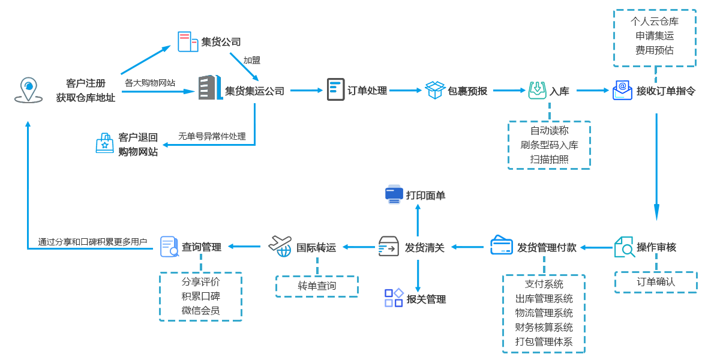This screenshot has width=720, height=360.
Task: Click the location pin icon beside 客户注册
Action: [x=28, y=90]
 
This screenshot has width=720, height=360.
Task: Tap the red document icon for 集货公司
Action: [x=188, y=41]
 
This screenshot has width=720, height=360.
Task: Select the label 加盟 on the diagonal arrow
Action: [x=251, y=60]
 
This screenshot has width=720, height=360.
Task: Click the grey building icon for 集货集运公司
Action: [x=211, y=88]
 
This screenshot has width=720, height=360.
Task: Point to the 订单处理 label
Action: [x=367, y=91]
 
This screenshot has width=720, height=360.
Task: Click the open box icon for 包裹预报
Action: [x=435, y=90]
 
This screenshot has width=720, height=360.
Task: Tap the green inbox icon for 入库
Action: [x=538, y=90]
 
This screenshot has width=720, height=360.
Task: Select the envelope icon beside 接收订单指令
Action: [x=622, y=90]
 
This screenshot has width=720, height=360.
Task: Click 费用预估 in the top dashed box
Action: [x=655, y=50]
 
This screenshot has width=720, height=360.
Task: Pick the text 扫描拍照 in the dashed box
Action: [x=549, y=159]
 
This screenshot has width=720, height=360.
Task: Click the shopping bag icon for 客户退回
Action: [x=105, y=143]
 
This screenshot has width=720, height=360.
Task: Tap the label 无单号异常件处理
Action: [x=212, y=136]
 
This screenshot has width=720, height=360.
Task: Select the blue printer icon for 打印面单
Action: [x=394, y=194]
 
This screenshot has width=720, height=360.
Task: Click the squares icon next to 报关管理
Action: [x=394, y=298]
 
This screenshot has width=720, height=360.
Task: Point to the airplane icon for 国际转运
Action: [x=280, y=246]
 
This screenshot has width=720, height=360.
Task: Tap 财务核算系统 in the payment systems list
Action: [x=544, y=327]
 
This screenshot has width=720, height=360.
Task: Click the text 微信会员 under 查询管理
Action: [x=200, y=310]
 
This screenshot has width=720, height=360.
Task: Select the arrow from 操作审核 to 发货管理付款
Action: [x=596, y=247]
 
